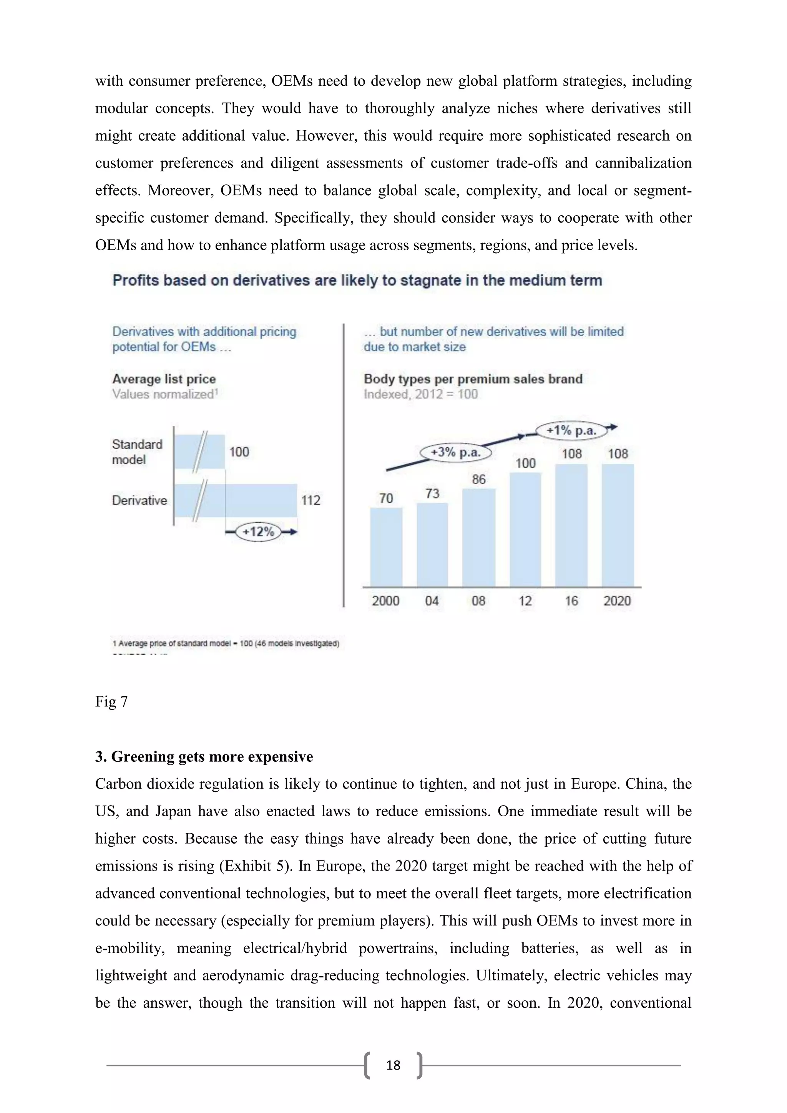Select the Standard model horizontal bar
[x=200, y=452]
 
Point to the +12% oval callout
[x=258, y=532]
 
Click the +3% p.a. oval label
[x=455, y=453]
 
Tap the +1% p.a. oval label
[x=571, y=430]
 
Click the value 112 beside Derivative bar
[x=310, y=500]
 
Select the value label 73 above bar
[x=432, y=493]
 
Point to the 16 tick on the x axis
[x=571, y=601]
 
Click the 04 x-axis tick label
[x=432, y=601]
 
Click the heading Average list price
[x=164, y=379]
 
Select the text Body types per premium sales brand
[x=473, y=379]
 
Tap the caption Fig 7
[x=111, y=701]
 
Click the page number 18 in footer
[x=393, y=1065]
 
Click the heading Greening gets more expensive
[x=212, y=757]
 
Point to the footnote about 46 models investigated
[x=226, y=644]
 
